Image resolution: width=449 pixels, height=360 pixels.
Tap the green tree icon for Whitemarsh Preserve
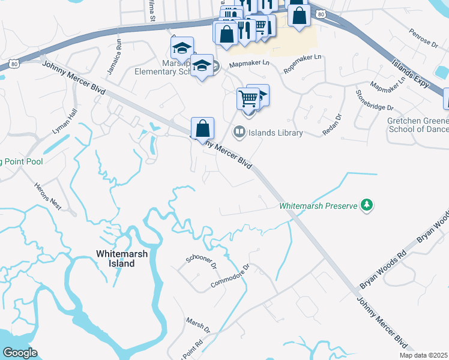366,206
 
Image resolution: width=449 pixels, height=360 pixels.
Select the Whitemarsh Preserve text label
318,206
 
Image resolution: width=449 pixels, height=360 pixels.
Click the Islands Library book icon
239,132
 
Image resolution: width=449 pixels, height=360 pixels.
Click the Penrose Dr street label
424,38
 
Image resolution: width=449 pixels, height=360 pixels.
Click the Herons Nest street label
49,195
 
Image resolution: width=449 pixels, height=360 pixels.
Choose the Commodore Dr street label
230,276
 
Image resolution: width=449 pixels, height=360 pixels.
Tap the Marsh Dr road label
197,326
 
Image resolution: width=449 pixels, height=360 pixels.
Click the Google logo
20,352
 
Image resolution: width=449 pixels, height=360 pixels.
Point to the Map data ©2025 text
424,355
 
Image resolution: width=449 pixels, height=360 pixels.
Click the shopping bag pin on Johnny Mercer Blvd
203,128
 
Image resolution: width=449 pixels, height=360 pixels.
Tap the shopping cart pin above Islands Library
248,98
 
